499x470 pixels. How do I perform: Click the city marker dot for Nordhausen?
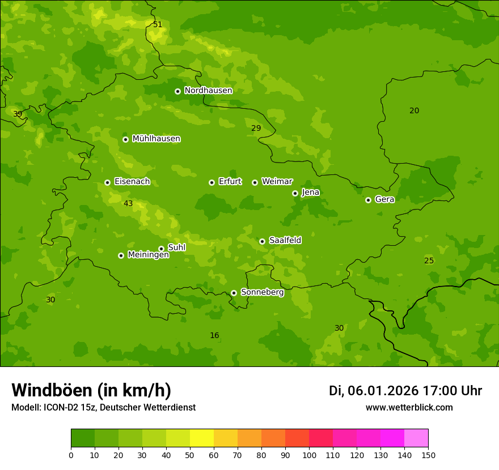click(x=177, y=91)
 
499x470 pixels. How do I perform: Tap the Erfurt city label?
click(x=230, y=182)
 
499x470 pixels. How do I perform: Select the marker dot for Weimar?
click(x=255, y=182)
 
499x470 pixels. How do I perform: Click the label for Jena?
click(x=311, y=193)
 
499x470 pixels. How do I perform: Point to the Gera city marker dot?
click(x=368, y=200)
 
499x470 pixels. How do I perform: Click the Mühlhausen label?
click(x=156, y=139)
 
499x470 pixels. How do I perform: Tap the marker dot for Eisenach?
click(x=107, y=182)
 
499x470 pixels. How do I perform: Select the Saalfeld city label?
click(x=285, y=241)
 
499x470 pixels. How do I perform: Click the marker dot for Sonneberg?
click(x=234, y=293)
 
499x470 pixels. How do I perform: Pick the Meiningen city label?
click(x=148, y=255)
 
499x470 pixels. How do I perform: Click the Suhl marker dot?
click(x=162, y=249)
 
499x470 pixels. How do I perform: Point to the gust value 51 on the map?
click(x=158, y=24)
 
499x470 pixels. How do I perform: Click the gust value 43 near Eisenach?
click(x=128, y=203)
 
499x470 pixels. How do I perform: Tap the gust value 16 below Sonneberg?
click(x=214, y=336)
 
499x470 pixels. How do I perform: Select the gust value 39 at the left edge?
click(x=18, y=114)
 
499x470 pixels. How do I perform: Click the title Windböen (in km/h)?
click(x=91, y=390)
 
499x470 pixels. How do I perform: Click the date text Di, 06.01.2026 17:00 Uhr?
click(x=405, y=391)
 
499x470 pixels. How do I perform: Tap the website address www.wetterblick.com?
click(x=409, y=408)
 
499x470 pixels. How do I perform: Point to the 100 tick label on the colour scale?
click(x=309, y=455)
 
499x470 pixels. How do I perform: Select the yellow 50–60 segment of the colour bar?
click(x=202, y=438)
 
